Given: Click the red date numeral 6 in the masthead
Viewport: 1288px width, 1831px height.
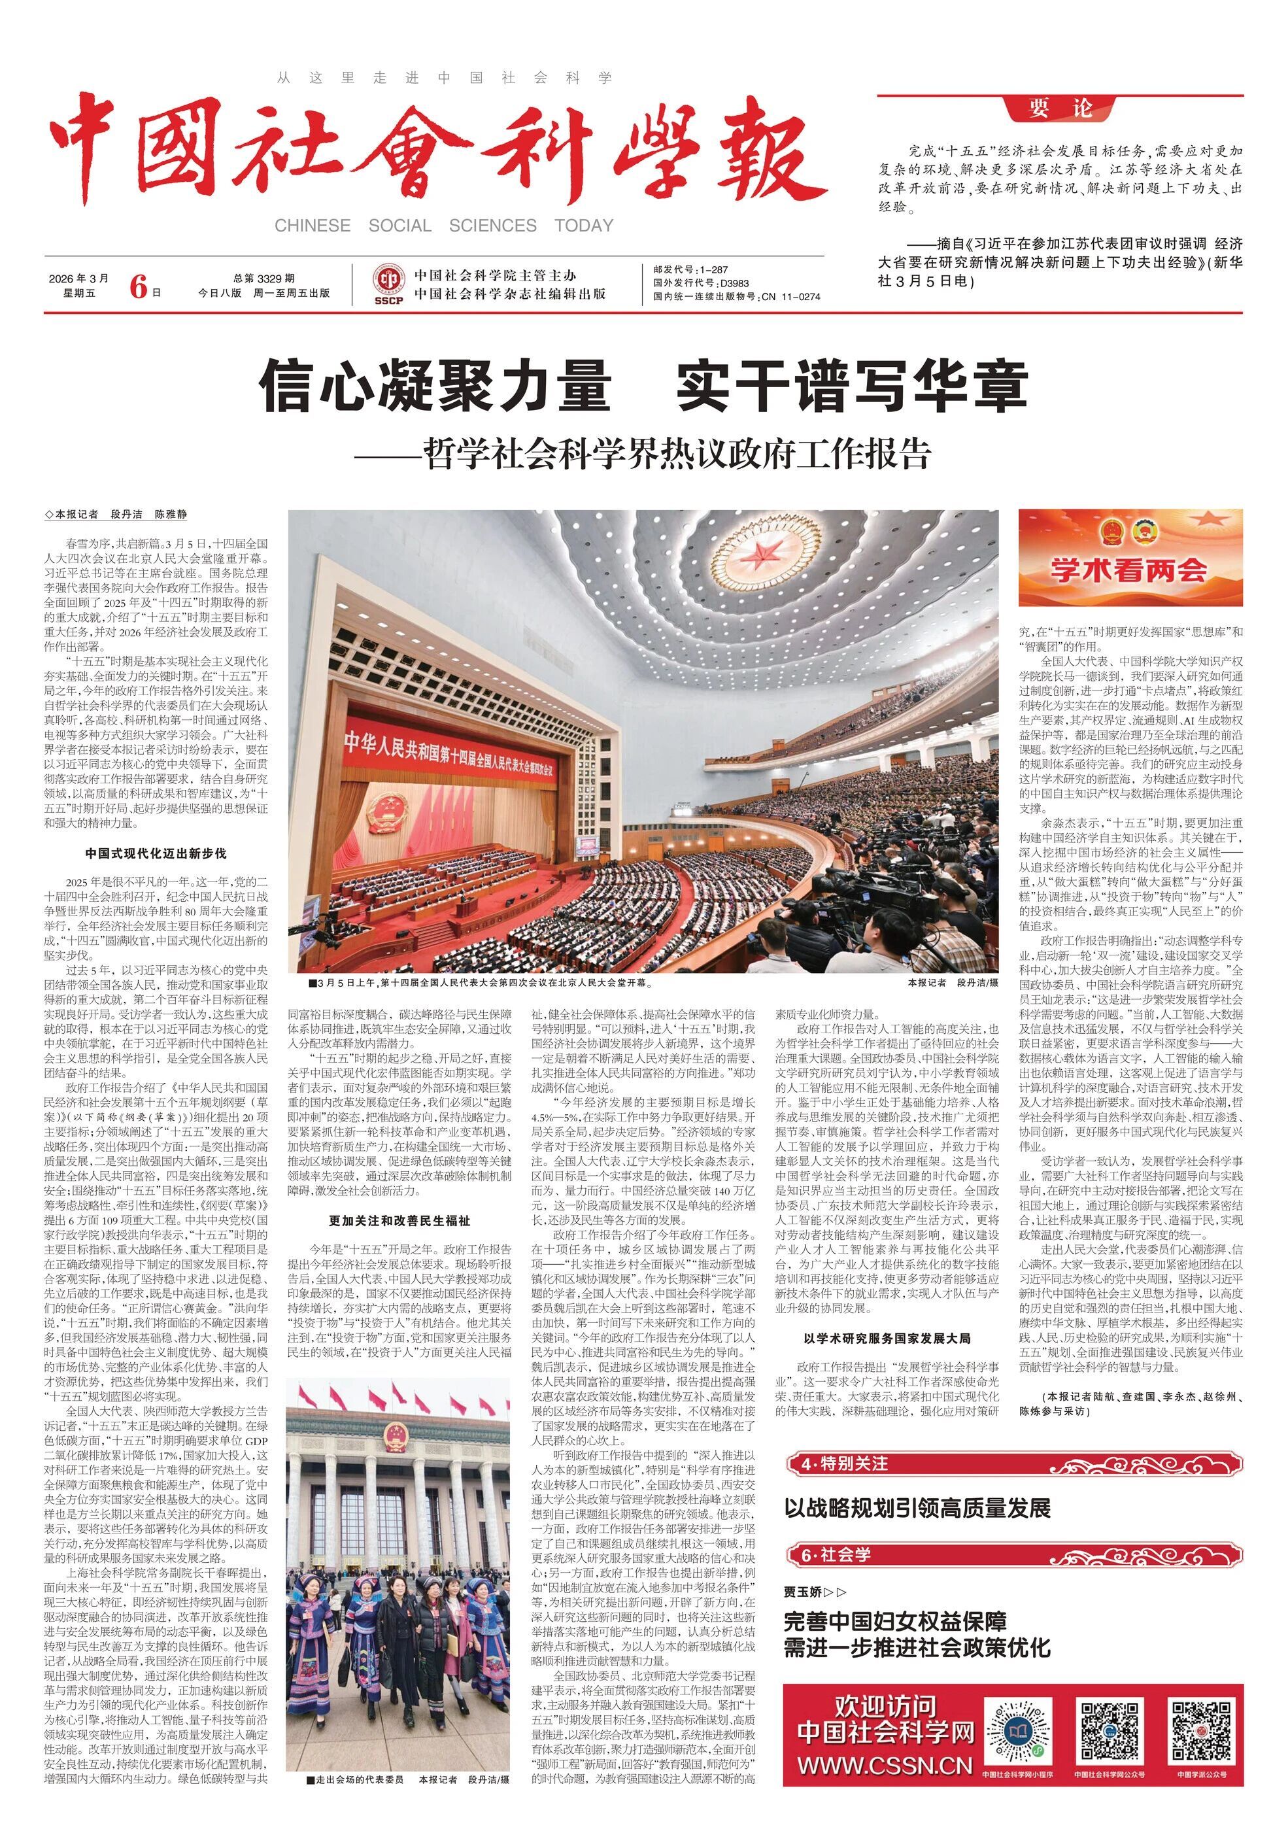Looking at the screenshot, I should coord(139,286).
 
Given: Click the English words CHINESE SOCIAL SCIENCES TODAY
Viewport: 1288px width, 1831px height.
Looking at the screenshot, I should coord(443,226).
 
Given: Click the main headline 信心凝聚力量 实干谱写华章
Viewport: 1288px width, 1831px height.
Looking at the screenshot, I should coord(643,386).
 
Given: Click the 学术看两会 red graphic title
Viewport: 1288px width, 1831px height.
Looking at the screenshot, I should coord(1128,570).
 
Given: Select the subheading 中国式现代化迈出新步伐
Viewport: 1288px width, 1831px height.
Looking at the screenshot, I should coord(156,853).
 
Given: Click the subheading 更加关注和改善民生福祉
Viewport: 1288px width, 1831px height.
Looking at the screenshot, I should coord(399,1220).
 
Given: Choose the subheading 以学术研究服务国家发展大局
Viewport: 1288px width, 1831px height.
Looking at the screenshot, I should coord(887,1338).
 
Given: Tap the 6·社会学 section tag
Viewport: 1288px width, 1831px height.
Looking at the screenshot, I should coord(838,1554).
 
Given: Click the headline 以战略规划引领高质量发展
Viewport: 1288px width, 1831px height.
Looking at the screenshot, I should coord(917,1508).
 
